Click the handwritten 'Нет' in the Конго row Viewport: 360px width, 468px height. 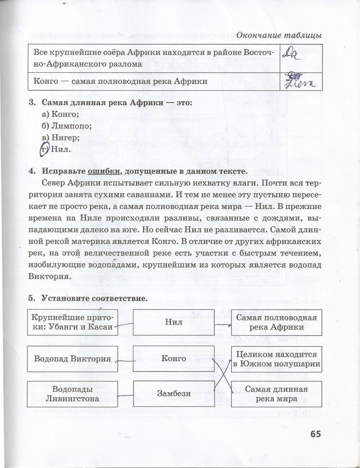click(x=300, y=82)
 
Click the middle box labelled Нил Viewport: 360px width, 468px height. click(x=174, y=322)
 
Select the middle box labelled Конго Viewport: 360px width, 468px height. click(x=174, y=358)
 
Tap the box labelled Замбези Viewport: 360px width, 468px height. click(x=174, y=394)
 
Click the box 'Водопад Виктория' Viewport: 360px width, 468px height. click(x=72, y=359)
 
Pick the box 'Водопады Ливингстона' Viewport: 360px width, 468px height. click(x=72, y=394)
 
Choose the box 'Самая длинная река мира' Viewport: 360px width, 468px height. click(x=276, y=394)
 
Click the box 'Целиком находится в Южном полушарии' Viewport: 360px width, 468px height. click(x=276, y=359)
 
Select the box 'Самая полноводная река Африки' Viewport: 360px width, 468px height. click(x=276, y=322)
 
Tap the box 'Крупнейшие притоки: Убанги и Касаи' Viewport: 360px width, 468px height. click(x=72, y=322)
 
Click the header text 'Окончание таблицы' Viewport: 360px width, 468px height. click(x=279, y=36)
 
